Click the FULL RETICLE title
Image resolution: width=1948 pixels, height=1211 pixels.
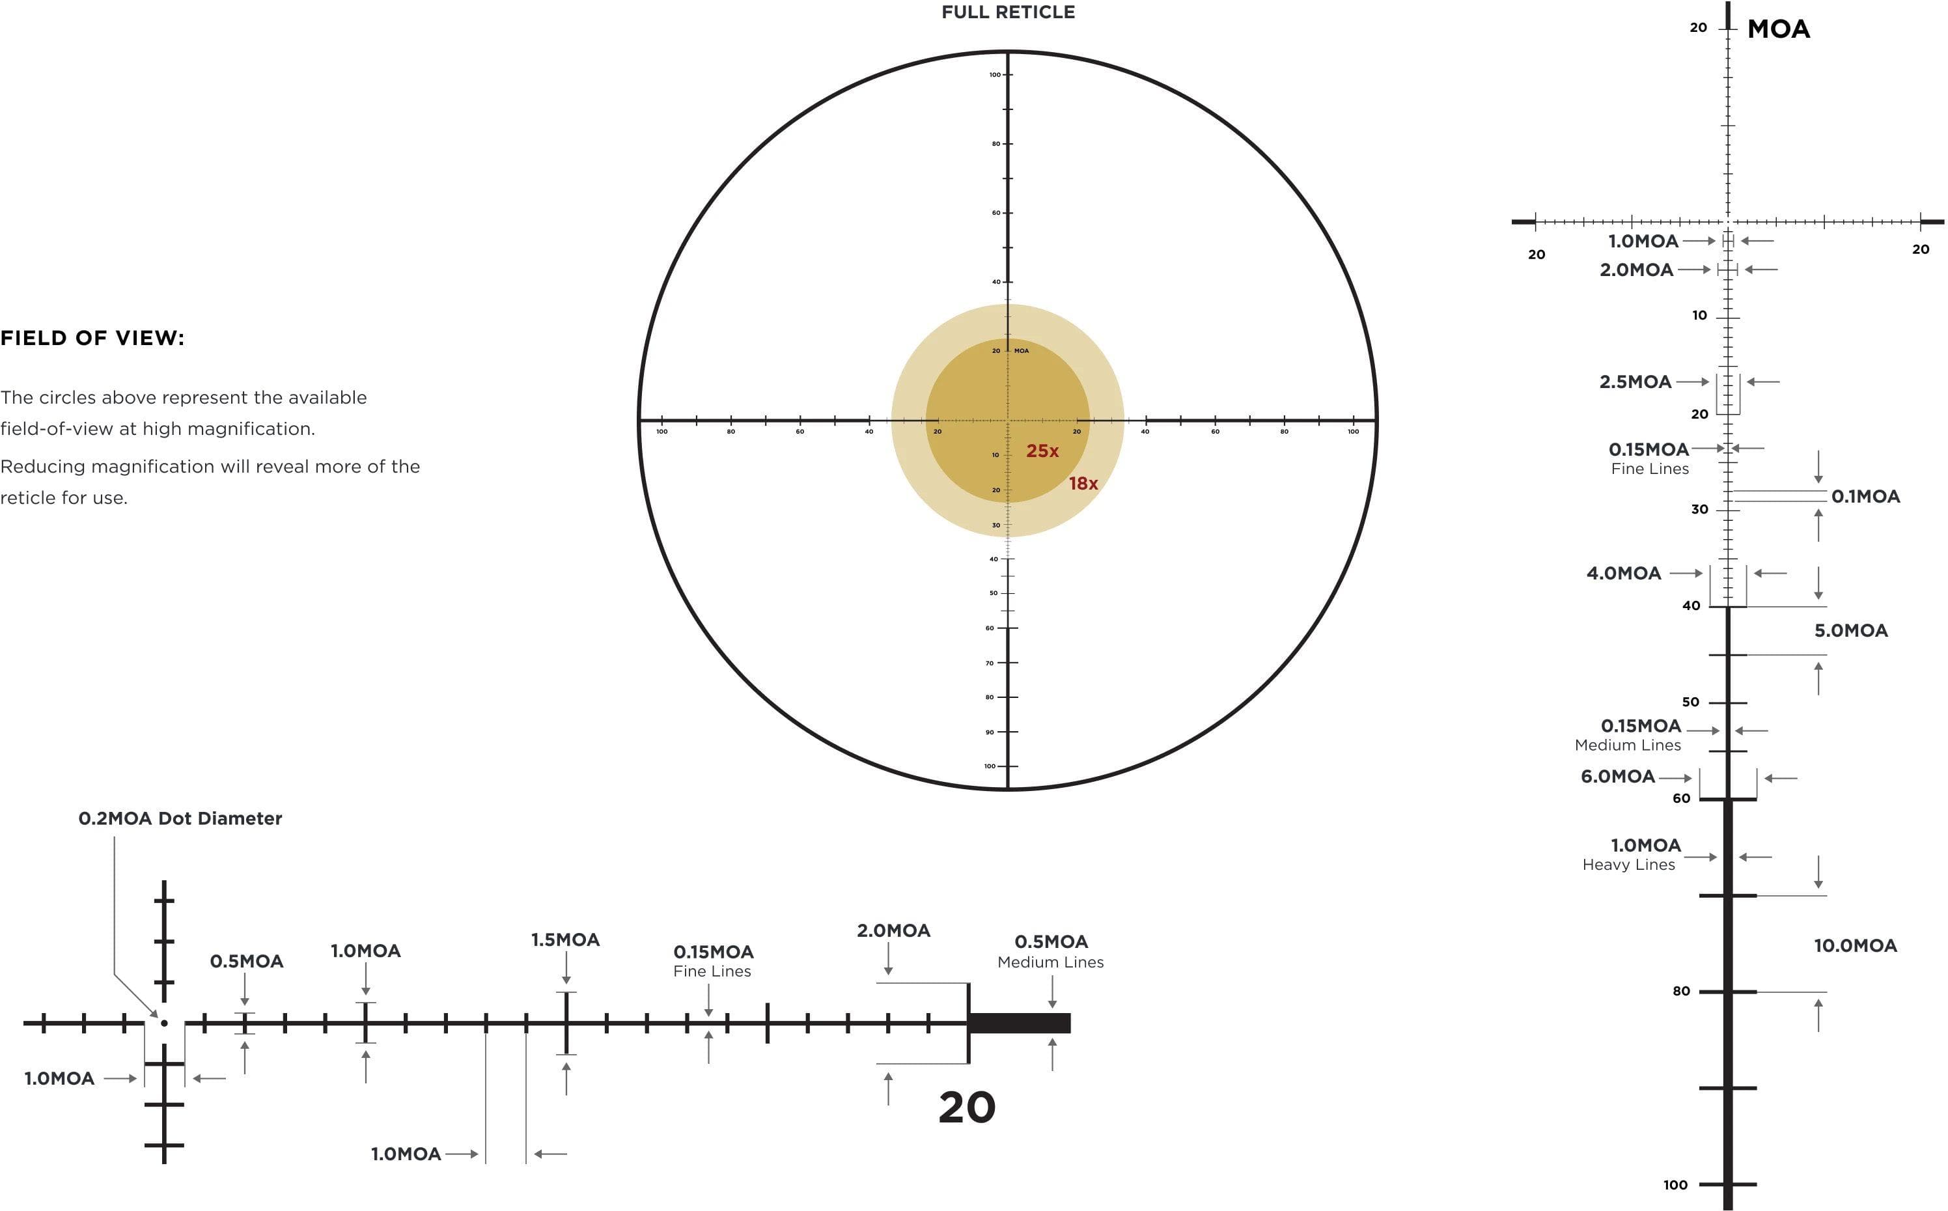click(x=1007, y=12)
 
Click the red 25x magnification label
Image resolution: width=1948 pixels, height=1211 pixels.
click(x=1042, y=451)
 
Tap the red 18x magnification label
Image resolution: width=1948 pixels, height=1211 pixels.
click(x=1083, y=484)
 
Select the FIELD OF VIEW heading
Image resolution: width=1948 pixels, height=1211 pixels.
click(x=92, y=338)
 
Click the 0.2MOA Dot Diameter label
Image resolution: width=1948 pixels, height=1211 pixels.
click(x=180, y=818)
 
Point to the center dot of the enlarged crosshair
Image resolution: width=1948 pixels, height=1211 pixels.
click(x=164, y=1023)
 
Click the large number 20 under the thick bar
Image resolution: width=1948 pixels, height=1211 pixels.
click(x=966, y=1107)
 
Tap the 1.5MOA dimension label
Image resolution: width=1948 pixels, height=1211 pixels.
click(x=565, y=940)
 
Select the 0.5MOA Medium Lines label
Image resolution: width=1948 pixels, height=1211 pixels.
click(x=1050, y=951)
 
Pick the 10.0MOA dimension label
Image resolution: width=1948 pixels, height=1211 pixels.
click(x=1854, y=946)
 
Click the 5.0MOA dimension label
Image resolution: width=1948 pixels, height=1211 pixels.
click(x=1850, y=630)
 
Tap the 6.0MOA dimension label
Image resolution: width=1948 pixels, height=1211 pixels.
click(x=1617, y=776)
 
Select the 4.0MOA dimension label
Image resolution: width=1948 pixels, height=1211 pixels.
click(x=1623, y=574)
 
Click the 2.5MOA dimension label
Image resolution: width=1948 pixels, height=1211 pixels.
click(x=1635, y=382)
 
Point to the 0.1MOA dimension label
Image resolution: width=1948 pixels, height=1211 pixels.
click(x=1865, y=497)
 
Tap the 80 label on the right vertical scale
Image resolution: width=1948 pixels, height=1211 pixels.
click(x=1680, y=992)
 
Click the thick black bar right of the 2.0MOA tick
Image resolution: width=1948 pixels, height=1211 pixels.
click(x=1019, y=1023)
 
